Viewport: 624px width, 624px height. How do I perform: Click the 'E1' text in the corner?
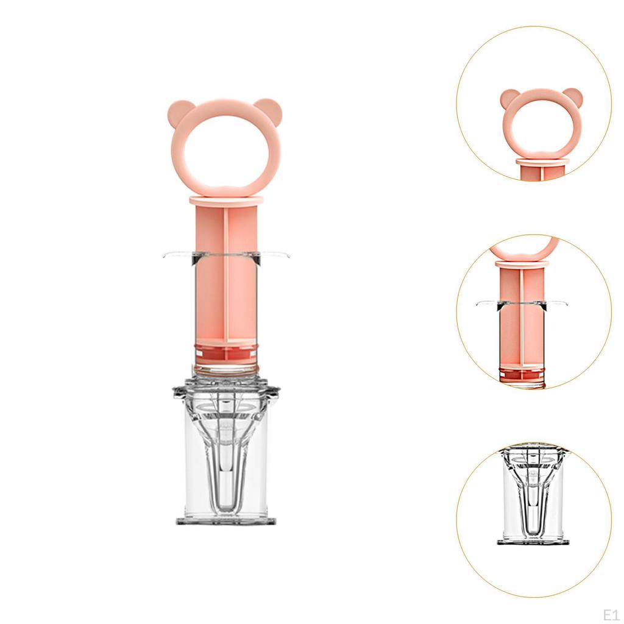click(x=611, y=614)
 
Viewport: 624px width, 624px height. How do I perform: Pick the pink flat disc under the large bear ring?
click(x=225, y=200)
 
